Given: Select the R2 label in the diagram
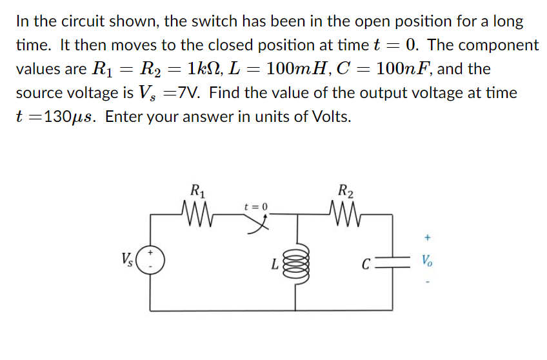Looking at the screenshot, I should [346, 191].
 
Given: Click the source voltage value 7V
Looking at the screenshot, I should [182, 94].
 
